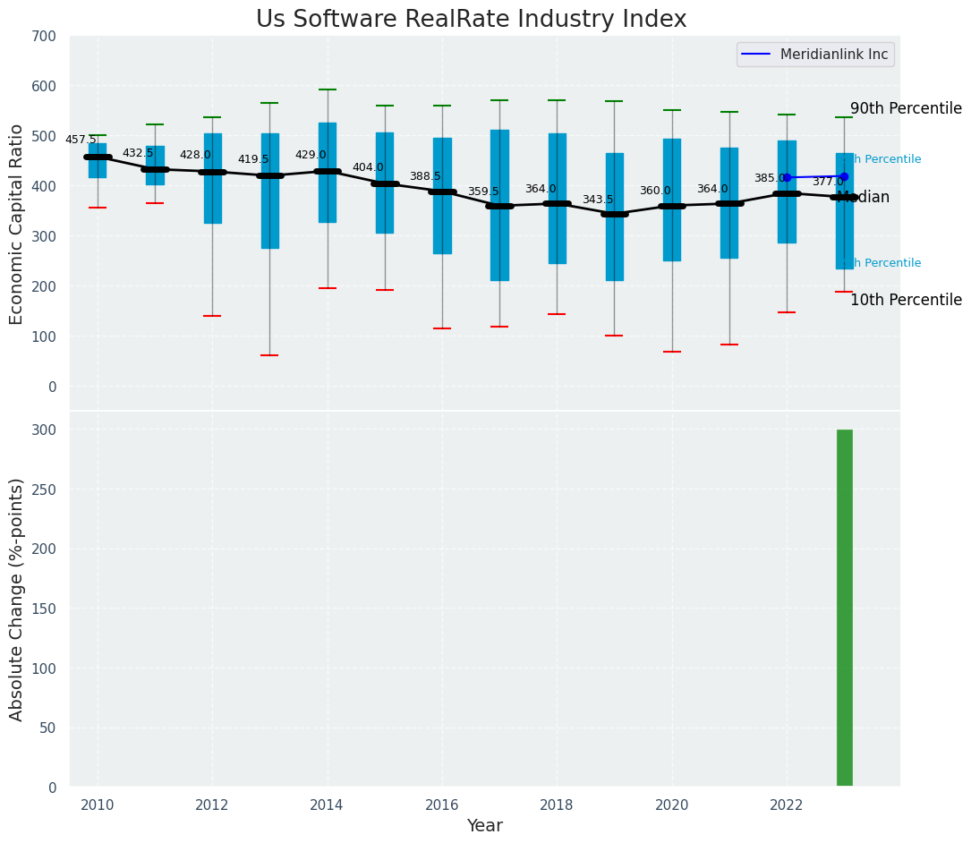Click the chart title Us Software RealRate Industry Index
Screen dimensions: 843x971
471,20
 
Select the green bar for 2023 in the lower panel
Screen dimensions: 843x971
844,609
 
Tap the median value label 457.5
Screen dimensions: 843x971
81,140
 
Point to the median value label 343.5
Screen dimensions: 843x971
598,200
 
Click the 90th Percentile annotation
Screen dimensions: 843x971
906,108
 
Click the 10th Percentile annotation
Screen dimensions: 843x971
906,300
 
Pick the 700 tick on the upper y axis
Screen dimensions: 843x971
44,37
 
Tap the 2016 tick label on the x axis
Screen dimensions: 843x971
442,805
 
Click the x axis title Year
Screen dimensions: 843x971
484,826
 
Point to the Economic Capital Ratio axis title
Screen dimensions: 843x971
17,224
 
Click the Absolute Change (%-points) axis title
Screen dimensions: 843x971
17,599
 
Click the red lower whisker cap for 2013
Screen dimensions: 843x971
269,355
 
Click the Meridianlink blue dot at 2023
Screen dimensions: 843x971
844,176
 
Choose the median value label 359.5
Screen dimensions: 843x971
483,192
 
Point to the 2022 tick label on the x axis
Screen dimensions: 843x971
787,805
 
